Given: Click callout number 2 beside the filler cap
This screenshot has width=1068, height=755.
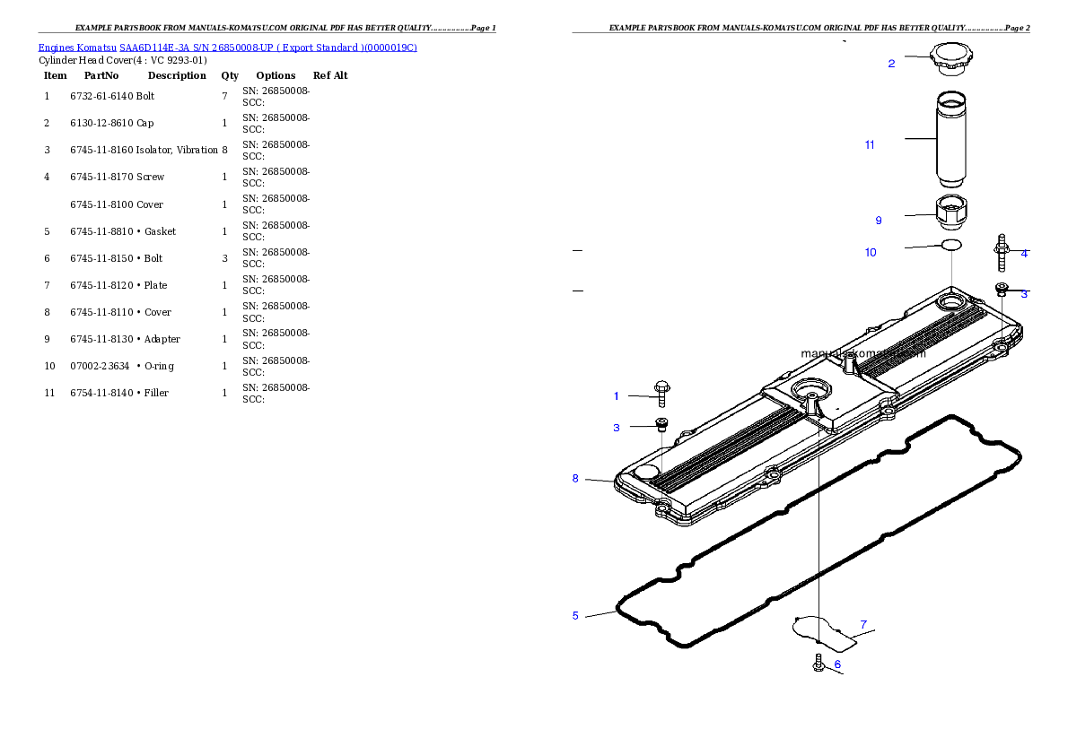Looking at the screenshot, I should pyautogui.click(x=891, y=64).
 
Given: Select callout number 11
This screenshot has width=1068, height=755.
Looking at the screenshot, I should pyautogui.click(x=870, y=145).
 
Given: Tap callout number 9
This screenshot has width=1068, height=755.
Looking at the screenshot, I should pyautogui.click(x=879, y=221).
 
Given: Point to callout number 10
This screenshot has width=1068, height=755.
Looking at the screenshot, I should pyautogui.click(x=871, y=253).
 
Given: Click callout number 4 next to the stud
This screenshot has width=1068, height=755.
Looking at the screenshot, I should pyautogui.click(x=1024, y=254).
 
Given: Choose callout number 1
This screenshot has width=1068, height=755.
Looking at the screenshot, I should pyautogui.click(x=617, y=396).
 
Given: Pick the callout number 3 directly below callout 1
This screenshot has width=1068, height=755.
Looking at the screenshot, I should pyautogui.click(x=617, y=429).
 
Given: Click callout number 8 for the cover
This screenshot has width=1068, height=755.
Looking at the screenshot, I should pyautogui.click(x=575, y=479).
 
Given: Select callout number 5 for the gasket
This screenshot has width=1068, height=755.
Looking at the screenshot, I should pyautogui.click(x=575, y=616).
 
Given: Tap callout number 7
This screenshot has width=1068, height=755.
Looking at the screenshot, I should pyautogui.click(x=863, y=624).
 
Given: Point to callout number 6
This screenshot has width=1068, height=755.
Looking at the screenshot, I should pyautogui.click(x=837, y=665).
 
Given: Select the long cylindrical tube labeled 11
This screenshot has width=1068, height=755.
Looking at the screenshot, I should pyautogui.click(x=951, y=139).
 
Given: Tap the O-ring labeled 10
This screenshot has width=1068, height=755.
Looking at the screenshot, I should pyautogui.click(x=951, y=245).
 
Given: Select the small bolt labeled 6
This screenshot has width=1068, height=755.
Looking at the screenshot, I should pyautogui.click(x=819, y=664).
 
